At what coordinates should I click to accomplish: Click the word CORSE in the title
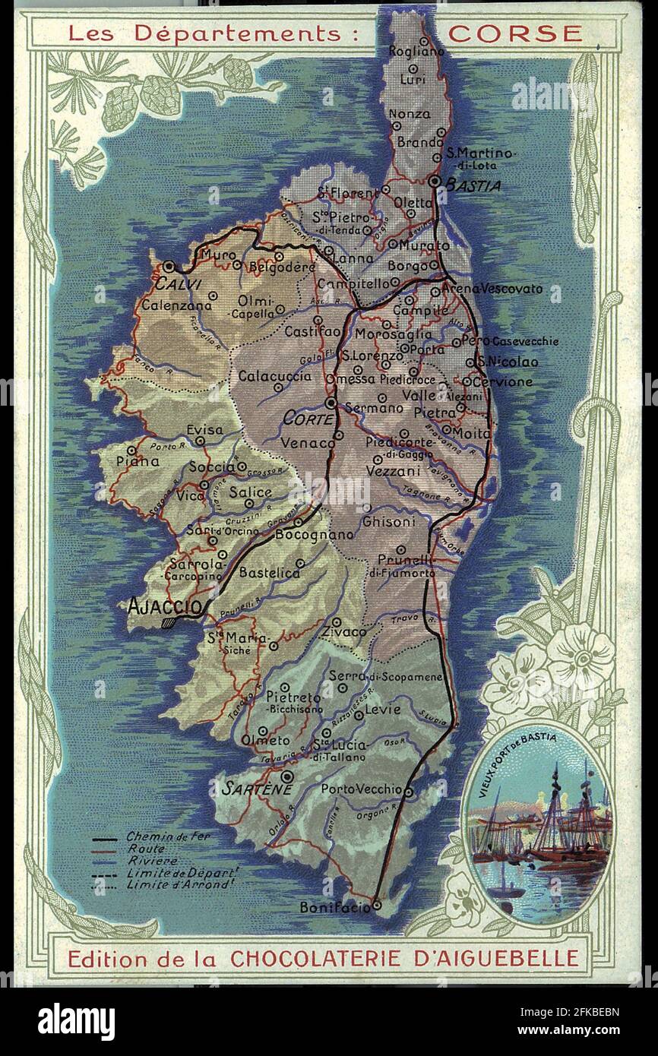click(515, 33)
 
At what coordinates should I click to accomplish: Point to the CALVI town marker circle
click(169, 266)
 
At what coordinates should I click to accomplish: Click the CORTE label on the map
click(308, 419)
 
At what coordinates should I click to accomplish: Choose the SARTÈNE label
click(247, 790)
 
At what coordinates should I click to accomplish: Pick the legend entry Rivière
click(152, 861)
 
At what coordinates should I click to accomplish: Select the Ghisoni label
click(388, 522)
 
